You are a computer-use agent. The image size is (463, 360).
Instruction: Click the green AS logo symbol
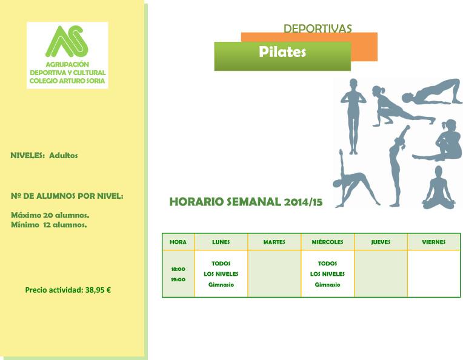[67, 41]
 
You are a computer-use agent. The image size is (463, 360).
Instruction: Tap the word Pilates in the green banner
[282, 52]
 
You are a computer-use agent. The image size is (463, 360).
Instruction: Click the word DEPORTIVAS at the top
[318, 28]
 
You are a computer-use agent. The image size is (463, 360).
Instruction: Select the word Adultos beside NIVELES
[64, 155]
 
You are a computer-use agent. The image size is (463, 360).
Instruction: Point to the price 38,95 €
[98, 290]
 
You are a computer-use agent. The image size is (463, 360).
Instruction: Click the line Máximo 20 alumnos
[50, 215]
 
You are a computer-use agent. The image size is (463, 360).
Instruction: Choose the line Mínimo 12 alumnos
[49, 225]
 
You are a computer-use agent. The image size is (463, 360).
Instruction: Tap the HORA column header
[178, 242]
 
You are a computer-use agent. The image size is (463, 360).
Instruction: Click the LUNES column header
[221, 242]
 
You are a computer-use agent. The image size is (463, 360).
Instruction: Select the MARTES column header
[275, 242]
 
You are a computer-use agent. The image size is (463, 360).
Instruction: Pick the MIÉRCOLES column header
[327, 242]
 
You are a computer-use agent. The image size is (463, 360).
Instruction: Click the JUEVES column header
[381, 242]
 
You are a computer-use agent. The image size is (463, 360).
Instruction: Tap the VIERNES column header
[434, 242]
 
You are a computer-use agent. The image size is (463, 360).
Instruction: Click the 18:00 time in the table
[178, 269]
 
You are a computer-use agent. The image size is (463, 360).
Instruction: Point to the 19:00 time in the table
[178, 279]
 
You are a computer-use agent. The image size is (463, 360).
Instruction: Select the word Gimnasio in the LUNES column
[221, 285]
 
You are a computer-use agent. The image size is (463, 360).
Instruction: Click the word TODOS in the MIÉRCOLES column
[327, 264]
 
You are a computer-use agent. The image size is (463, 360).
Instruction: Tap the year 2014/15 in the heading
[303, 202]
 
